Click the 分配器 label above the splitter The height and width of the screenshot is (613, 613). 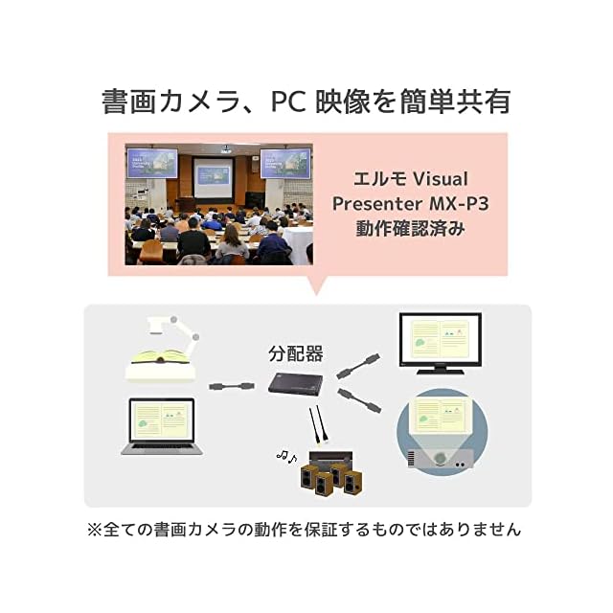(x=296, y=353)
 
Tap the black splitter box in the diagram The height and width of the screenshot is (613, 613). (x=296, y=384)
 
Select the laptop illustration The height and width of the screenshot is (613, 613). (x=162, y=426)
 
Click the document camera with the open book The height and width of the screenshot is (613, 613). (x=163, y=349)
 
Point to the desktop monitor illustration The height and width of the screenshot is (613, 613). (x=441, y=343)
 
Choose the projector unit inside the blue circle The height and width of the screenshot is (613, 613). (x=441, y=459)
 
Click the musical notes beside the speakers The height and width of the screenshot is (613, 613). (x=286, y=456)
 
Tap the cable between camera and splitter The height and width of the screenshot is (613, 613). (x=232, y=386)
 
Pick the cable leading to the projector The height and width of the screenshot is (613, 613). (x=359, y=400)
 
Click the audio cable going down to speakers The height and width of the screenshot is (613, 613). (x=318, y=425)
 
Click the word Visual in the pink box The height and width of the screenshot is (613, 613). (x=441, y=179)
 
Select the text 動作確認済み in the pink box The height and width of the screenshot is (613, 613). (x=411, y=228)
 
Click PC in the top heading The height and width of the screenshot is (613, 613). (x=288, y=102)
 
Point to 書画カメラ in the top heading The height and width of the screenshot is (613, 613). (x=170, y=102)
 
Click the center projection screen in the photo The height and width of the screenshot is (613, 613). (x=214, y=178)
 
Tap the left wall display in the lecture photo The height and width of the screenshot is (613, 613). (x=152, y=163)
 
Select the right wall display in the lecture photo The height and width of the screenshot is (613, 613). (x=285, y=164)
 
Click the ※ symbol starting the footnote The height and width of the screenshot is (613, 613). (x=95, y=530)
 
